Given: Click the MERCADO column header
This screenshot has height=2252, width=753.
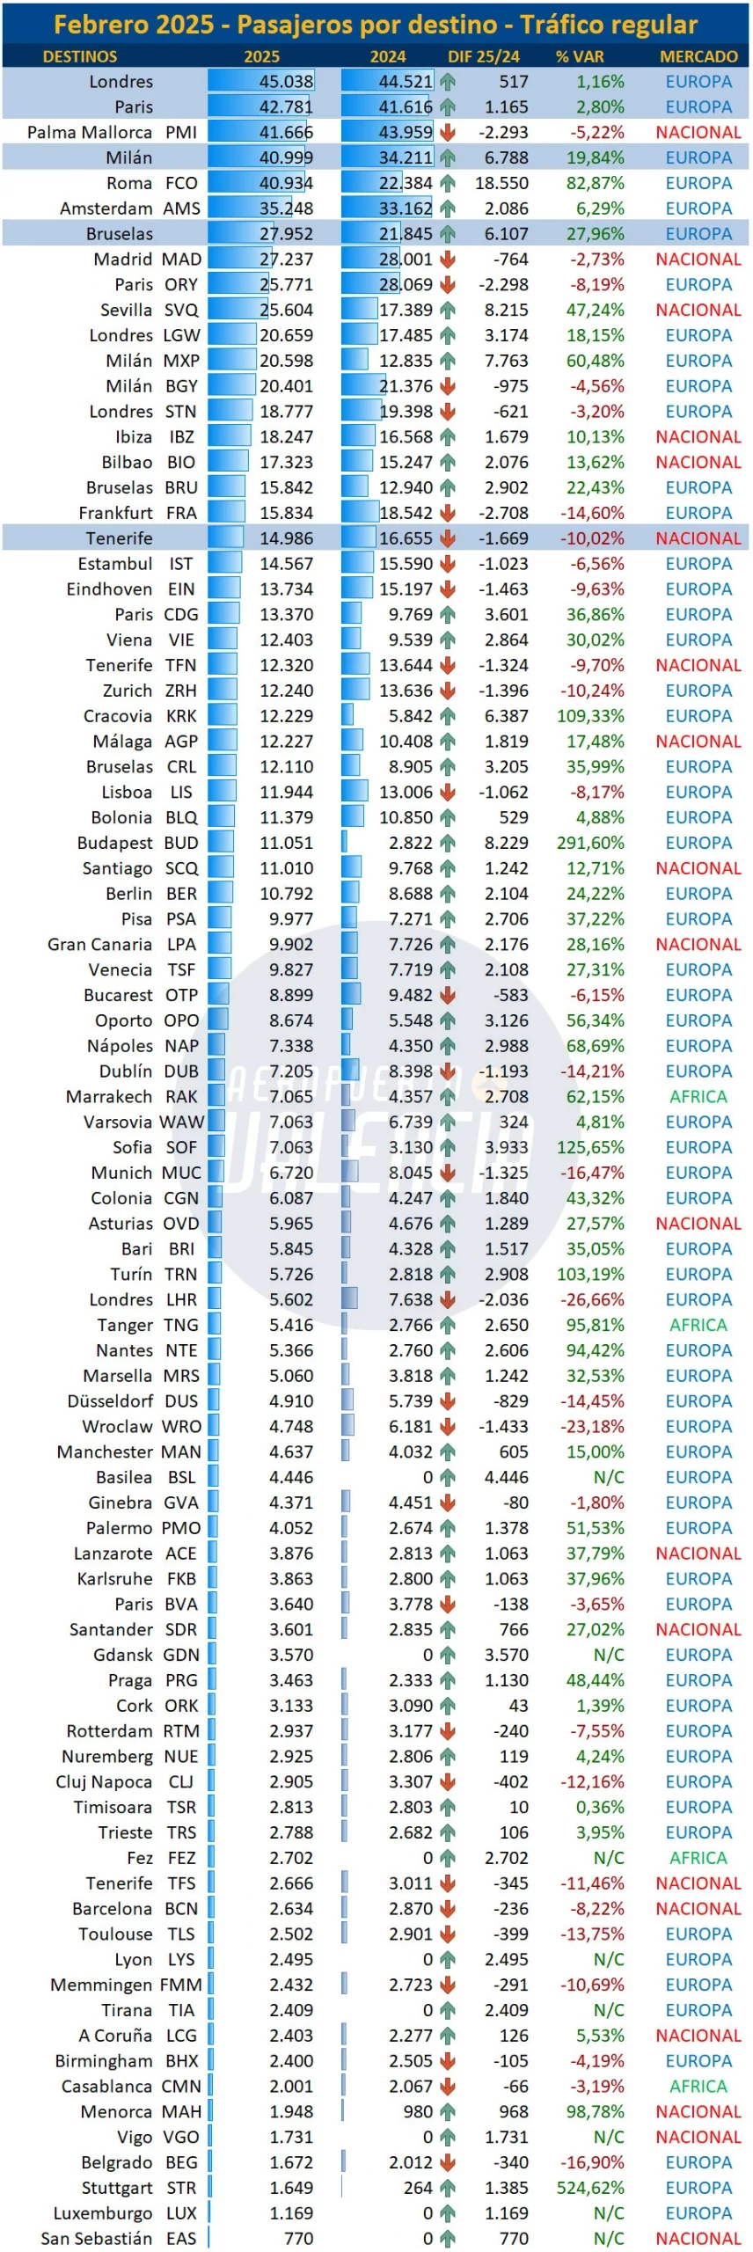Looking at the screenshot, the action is [x=698, y=56].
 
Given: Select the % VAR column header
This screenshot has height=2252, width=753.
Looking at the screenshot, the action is [x=580, y=56].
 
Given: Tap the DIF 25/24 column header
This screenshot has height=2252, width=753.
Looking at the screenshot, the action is [x=484, y=56].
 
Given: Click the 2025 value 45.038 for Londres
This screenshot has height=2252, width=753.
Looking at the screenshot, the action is [x=286, y=82].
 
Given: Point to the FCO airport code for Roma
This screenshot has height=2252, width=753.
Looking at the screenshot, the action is [x=181, y=183].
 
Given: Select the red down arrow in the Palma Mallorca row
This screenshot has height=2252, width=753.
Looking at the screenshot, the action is [x=448, y=133].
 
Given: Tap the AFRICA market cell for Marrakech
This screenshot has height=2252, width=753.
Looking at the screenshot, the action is [x=698, y=1096].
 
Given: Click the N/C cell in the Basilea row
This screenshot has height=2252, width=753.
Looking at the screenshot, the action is [x=609, y=1477].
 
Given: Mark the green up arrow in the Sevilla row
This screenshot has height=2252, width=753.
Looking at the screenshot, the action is [x=448, y=310].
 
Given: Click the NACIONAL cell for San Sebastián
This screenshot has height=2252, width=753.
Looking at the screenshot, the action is [x=698, y=2239].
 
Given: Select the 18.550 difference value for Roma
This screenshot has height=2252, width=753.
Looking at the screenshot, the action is [x=502, y=183].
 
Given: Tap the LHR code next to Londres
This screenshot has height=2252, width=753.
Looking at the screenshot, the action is [x=182, y=1299].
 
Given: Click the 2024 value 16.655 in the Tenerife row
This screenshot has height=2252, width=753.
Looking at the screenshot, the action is [x=406, y=538].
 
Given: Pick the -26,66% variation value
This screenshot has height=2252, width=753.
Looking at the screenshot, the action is [x=592, y=1299].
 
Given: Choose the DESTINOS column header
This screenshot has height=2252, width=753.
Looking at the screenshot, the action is [x=80, y=56].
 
